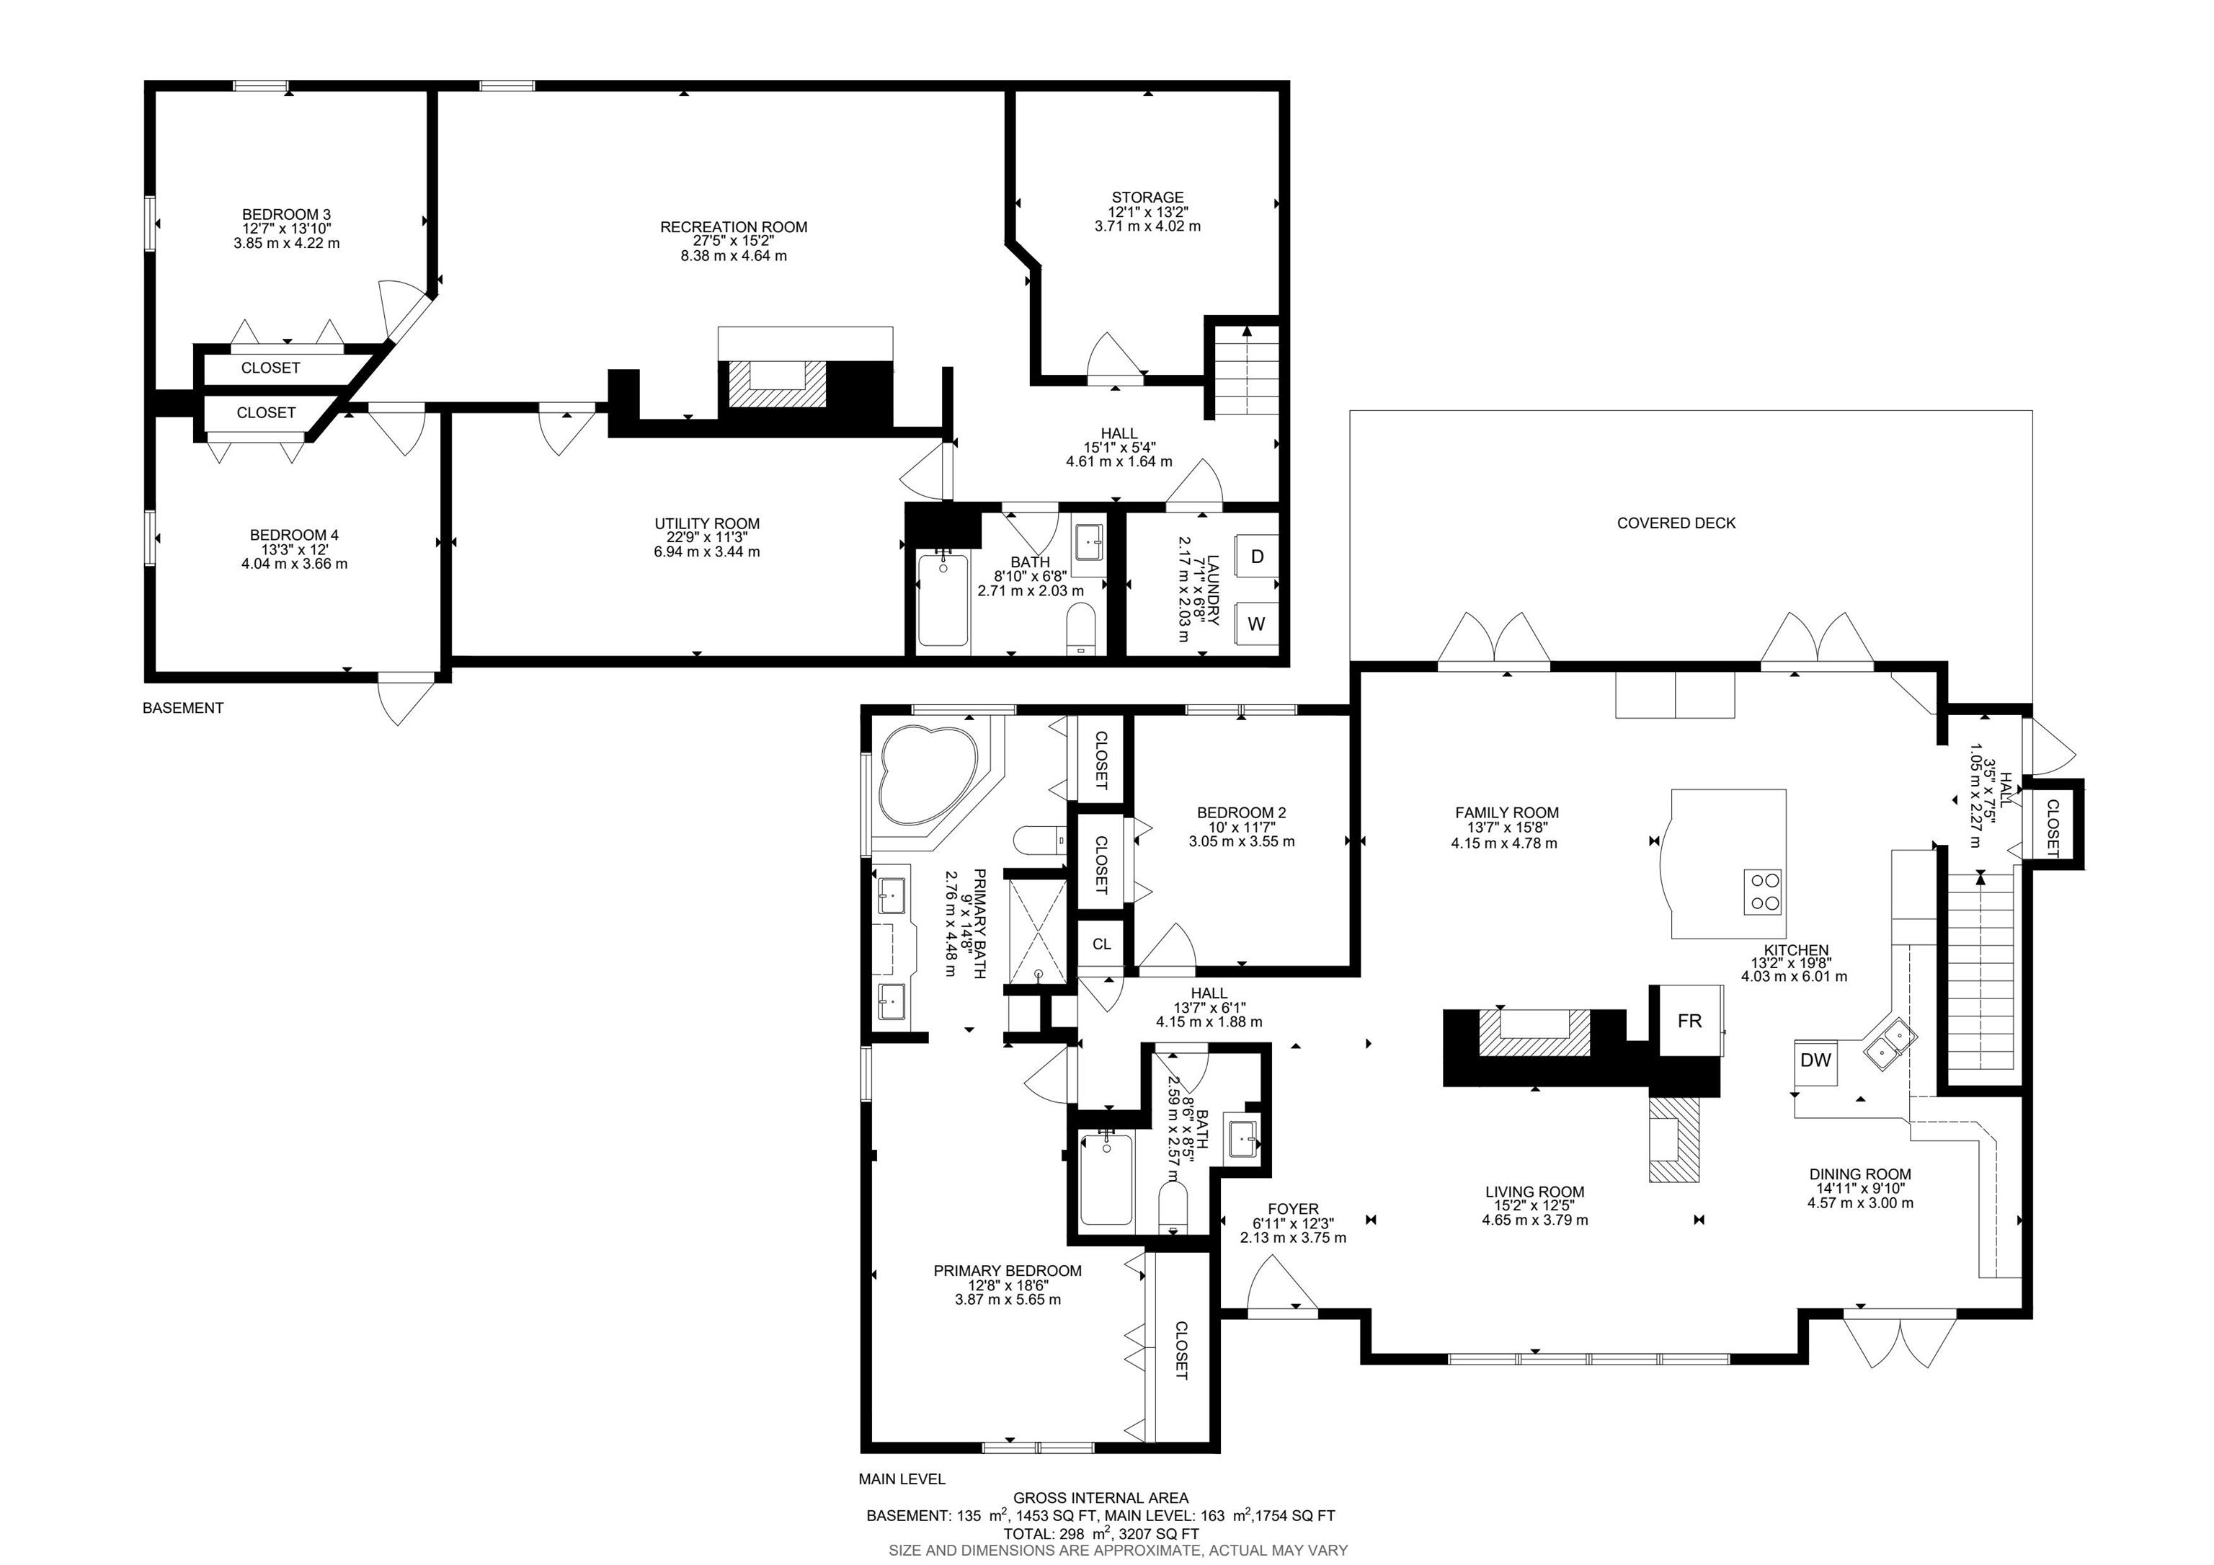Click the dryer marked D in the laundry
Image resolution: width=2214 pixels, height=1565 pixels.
point(1256,557)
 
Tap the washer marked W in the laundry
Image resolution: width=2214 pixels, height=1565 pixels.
point(1256,624)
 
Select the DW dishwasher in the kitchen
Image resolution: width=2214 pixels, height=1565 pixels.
point(1815,1060)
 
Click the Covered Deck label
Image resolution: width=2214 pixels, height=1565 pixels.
point(1676,523)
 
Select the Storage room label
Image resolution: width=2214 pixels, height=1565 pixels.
point(1147,198)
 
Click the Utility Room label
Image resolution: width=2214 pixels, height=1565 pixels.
point(707,523)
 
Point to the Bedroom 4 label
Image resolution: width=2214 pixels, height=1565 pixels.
point(294,535)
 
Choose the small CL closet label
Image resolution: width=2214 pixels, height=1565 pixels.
point(1102,944)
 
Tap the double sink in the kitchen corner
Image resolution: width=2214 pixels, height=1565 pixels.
point(1888,1043)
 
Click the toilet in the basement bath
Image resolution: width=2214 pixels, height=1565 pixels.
point(1082,629)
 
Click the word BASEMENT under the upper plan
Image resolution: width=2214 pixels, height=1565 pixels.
point(183,708)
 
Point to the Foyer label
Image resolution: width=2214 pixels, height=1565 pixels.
point(1293,1209)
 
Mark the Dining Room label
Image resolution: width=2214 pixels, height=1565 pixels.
point(1860,1174)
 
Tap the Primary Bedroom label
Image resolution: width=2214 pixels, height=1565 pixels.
point(1008,1271)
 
